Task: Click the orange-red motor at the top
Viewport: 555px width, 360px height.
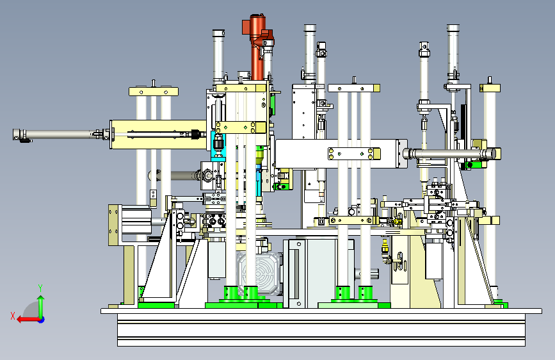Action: click(x=258, y=45)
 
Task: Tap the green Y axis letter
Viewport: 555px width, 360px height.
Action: click(x=40, y=288)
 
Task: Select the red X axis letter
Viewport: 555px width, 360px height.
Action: click(x=13, y=316)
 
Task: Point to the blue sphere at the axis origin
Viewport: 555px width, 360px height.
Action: click(x=42, y=320)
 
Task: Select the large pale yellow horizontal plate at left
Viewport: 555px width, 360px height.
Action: click(x=158, y=135)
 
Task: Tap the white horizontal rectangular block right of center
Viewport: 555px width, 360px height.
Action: click(x=341, y=154)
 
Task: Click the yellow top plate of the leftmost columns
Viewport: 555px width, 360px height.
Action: click(x=154, y=92)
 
